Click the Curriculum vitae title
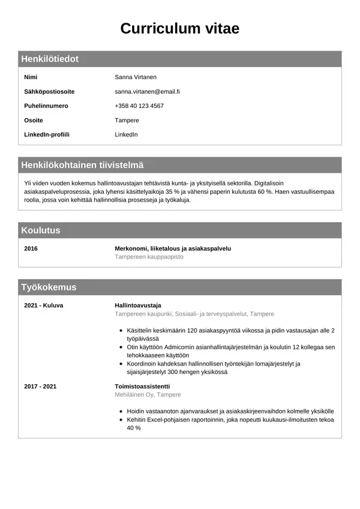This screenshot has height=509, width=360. click(x=180, y=28)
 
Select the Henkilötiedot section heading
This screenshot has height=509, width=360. click(x=50, y=59)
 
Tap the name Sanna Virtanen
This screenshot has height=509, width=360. click(x=136, y=77)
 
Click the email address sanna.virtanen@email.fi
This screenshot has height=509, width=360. click(x=148, y=92)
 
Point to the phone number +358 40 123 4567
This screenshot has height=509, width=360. click(x=139, y=106)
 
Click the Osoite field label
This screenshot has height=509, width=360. click(x=33, y=121)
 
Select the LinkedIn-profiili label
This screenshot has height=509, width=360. click(x=46, y=134)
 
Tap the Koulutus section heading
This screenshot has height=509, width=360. click(x=41, y=230)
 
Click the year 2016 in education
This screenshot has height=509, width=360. click(x=31, y=248)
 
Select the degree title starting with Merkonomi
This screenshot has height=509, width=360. click(x=173, y=248)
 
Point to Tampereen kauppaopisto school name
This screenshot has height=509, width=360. click(x=149, y=257)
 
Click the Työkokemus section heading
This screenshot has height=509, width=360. click(x=49, y=287)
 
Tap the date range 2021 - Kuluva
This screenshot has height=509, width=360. click(x=43, y=306)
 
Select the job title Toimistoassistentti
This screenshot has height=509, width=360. click(x=142, y=387)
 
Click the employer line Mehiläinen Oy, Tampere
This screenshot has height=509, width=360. click(x=148, y=395)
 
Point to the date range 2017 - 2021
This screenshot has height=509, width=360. click(x=40, y=387)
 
